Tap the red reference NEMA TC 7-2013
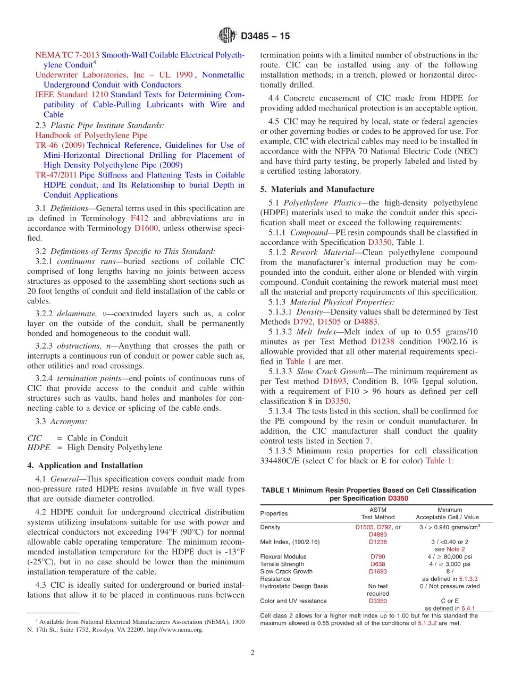click(67, 55)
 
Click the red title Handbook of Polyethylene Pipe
click(91, 135)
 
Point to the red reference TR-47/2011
click(56, 175)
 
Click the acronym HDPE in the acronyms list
click(38, 448)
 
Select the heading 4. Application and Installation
click(85, 466)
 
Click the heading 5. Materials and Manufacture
click(317, 189)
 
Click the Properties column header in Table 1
click(274, 513)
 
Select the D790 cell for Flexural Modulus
click(377, 557)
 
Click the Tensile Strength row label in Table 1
click(282, 564)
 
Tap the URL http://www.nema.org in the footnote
click(176, 630)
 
